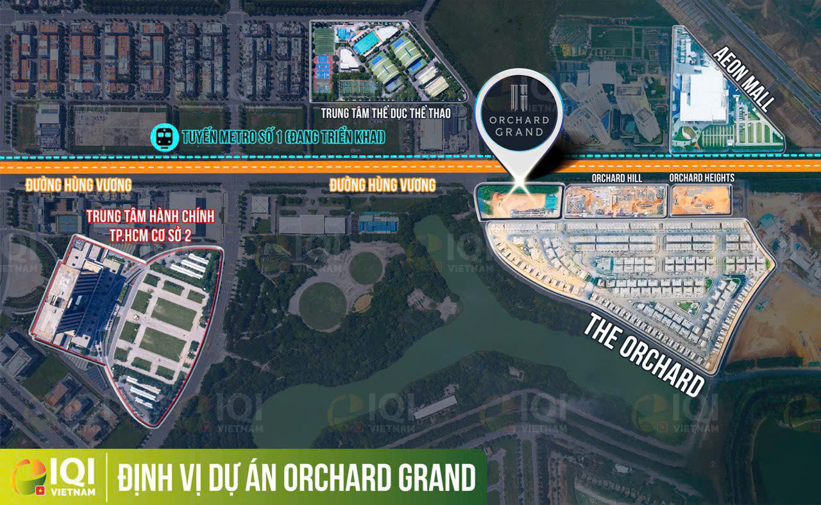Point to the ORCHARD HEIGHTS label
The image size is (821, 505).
coord(701,178)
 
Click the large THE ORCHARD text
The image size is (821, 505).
coord(645,355)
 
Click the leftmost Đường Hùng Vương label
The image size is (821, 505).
coord(78,185)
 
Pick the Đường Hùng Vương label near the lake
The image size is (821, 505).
coord(382,185)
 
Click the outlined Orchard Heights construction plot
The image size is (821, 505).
coord(701,200)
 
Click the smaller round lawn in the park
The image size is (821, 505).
coord(366,268)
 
